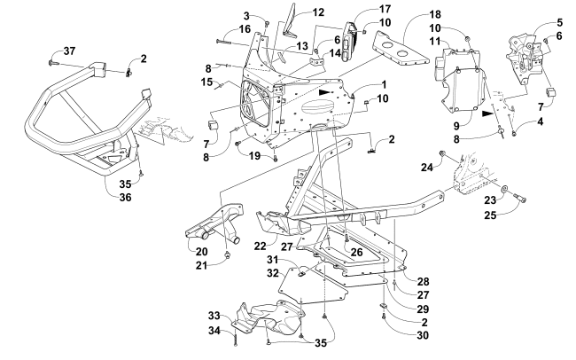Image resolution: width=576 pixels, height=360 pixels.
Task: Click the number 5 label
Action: pyautogui.click(x=534, y=22)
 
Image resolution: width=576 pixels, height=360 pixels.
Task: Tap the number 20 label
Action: pyautogui.click(x=203, y=251)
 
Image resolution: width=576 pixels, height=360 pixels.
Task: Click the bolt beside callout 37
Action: pyautogui.click(x=53, y=63)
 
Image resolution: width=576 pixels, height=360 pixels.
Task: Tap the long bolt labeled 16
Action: pyautogui.click(x=230, y=43)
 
